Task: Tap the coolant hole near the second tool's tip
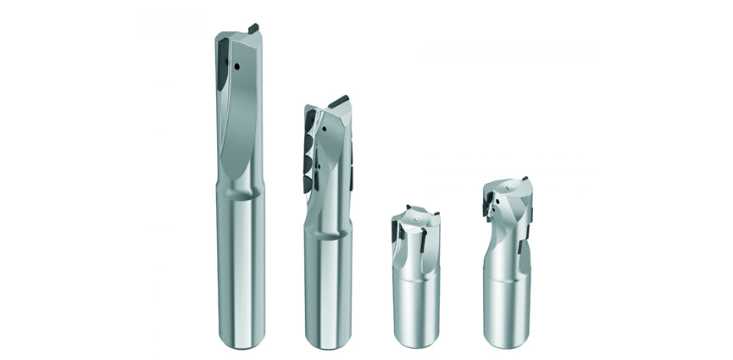[325, 129]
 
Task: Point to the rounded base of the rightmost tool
[511, 341]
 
